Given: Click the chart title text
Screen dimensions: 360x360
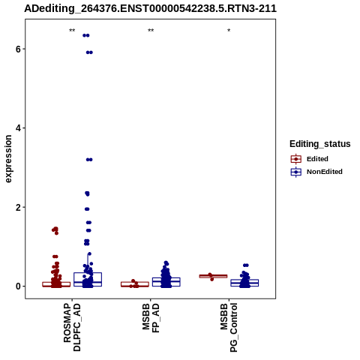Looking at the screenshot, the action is [150, 9].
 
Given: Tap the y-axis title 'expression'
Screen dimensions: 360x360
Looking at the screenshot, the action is [8, 159].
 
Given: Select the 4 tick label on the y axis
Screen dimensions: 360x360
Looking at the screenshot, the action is [18, 128].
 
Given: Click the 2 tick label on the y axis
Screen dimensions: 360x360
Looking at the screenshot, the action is [18, 207].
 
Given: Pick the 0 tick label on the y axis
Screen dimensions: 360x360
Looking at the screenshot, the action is [18, 286].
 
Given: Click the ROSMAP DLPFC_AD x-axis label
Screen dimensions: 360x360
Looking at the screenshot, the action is [72, 327].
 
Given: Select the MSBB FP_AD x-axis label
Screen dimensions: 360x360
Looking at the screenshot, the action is [151, 318].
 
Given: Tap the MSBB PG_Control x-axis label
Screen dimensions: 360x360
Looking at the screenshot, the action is [229, 328].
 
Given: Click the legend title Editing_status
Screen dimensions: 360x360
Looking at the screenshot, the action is [320, 144].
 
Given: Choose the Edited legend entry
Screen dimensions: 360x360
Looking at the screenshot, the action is [310, 159].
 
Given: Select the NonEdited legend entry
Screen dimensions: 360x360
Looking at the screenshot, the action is [316, 172].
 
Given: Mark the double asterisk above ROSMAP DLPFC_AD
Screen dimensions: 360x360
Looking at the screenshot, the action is [72, 31].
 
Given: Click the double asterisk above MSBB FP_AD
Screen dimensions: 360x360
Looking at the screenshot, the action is [151, 31].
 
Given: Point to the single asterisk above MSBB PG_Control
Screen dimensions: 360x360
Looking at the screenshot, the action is [229, 31].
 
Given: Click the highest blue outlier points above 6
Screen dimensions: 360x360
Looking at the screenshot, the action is [86, 35].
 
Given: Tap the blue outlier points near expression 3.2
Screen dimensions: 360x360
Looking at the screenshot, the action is [89, 160].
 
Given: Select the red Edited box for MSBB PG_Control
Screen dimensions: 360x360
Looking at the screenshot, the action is [213, 276].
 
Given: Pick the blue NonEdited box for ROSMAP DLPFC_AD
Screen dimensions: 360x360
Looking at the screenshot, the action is [88, 280].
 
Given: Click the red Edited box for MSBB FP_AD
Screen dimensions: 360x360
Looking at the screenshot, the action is [135, 284].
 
